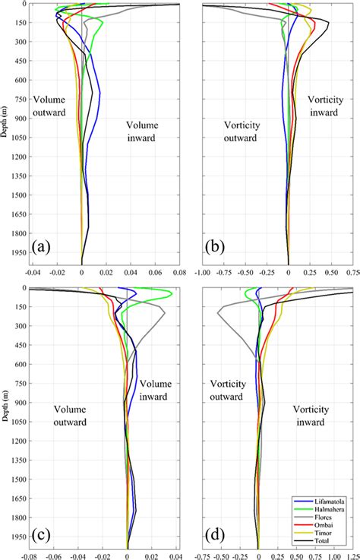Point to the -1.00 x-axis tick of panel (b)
point(203,271)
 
